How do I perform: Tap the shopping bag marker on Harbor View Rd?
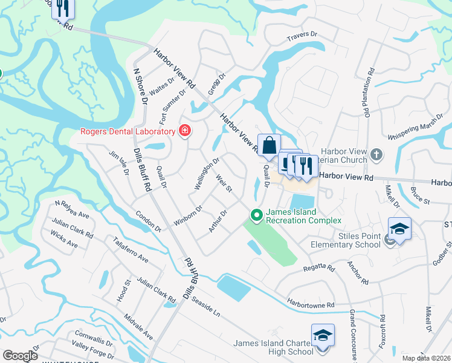[270, 146]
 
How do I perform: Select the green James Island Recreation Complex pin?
[256, 215]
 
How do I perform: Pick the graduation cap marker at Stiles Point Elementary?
[399, 229]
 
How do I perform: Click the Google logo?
[20, 356]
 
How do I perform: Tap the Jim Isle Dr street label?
[118, 163]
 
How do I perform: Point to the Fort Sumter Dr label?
[172, 103]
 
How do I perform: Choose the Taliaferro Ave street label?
[130, 250]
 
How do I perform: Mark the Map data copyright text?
[426, 358]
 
